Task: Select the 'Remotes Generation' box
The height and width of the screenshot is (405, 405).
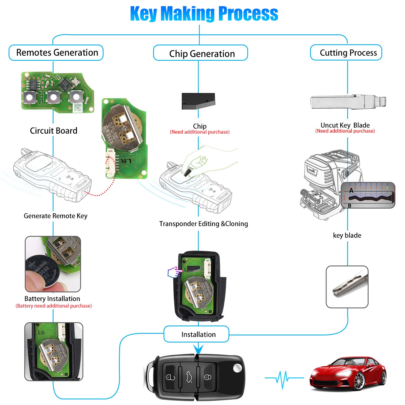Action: pos(56,53)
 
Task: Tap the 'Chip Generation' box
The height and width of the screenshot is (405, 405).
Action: pos(201,53)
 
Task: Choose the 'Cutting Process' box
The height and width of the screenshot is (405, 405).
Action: pos(346,53)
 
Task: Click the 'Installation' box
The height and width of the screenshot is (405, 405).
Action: pos(197,334)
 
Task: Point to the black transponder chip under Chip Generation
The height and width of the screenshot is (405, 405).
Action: pos(198,101)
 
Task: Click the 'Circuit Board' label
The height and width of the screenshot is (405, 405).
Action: pos(54,131)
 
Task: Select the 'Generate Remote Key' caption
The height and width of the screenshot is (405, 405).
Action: pos(55,216)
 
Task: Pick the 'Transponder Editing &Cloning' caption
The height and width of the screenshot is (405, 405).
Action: pos(204,224)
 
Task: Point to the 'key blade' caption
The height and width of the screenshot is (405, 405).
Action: pos(347,235)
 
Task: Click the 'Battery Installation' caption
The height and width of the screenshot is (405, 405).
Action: pos(52,299)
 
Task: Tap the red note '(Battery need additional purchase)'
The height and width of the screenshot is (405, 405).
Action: pos(54,306)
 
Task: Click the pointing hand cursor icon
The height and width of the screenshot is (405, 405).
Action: pos(174,272)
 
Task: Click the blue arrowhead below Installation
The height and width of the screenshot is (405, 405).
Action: pos(198,349)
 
